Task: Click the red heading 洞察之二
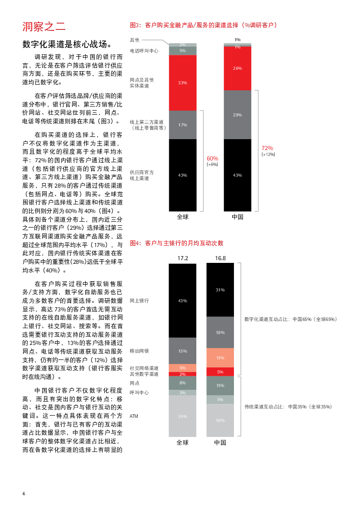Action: point(44,27)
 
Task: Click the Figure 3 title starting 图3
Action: point(203,25)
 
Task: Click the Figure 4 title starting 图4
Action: point(176,243)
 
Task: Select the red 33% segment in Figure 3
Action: point(183,82)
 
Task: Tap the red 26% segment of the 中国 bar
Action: point(237,68)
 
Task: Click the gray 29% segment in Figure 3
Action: point(237,115)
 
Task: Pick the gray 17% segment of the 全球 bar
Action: point(183,125)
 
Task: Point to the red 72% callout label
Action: point(267,148)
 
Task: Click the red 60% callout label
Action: point(212,159)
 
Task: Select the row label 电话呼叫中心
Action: point(144,51)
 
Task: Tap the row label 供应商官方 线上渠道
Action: point(142,175)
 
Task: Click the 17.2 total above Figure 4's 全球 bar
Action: point(182,258)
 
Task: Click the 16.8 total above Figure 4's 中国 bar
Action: point(220,258)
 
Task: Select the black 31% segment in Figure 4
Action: point(220,290)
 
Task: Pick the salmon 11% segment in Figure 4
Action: point(220,358)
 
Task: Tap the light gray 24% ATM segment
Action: point(182,416)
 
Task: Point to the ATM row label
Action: point(134,416)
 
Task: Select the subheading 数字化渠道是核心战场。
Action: point(68,44)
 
